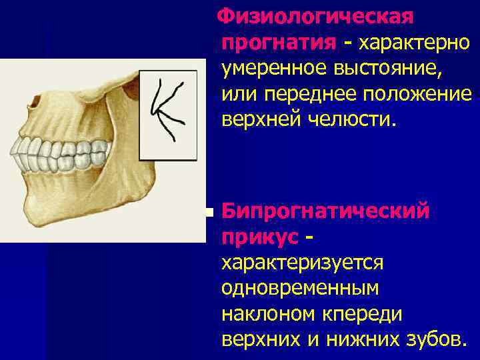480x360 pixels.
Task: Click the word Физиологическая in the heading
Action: click(317, 15)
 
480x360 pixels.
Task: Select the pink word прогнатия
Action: click(279, 42)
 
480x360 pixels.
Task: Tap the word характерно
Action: click(415, 42)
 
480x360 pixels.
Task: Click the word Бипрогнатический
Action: click(325, 213)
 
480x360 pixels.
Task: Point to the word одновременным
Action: click(299, 288)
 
